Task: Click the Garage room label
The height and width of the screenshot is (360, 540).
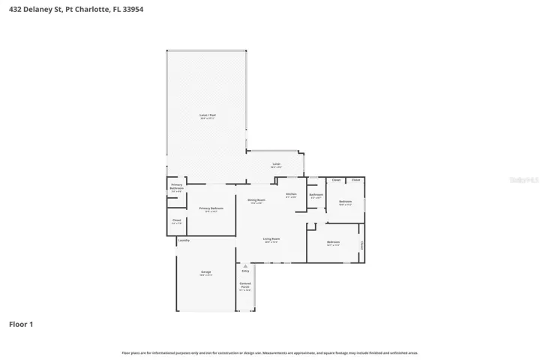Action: click(x=205, y=271)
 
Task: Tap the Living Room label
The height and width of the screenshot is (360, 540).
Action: click(x=271, y=238)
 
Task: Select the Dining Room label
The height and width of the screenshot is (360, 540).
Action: click(x=256, y=199)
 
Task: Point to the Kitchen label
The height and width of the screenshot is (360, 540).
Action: click(x=291, y=194)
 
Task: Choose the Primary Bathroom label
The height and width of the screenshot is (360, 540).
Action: click(x=176, y=186)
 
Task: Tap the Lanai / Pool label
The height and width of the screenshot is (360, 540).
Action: click(x=207, y=115)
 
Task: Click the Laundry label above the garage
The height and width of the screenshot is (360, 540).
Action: click(x=184, y=241)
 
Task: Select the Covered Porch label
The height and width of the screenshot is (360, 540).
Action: click(x=245, y=286)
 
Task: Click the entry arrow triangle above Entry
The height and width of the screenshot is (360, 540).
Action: click(x=245, y=265)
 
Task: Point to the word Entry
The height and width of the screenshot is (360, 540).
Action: click(x=245, y=271)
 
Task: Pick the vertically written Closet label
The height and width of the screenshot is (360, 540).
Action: click(x=362, y=245)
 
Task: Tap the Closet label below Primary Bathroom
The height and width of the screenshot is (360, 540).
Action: click(x=176, y=220)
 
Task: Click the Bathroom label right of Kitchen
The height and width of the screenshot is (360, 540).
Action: click(x=316, y=194)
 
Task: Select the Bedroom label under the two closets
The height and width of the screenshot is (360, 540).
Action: click(x=345, y=201)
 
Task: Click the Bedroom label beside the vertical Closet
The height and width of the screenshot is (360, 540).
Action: click(x=334, y=241)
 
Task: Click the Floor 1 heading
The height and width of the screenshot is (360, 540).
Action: click(x=21, y=325)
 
